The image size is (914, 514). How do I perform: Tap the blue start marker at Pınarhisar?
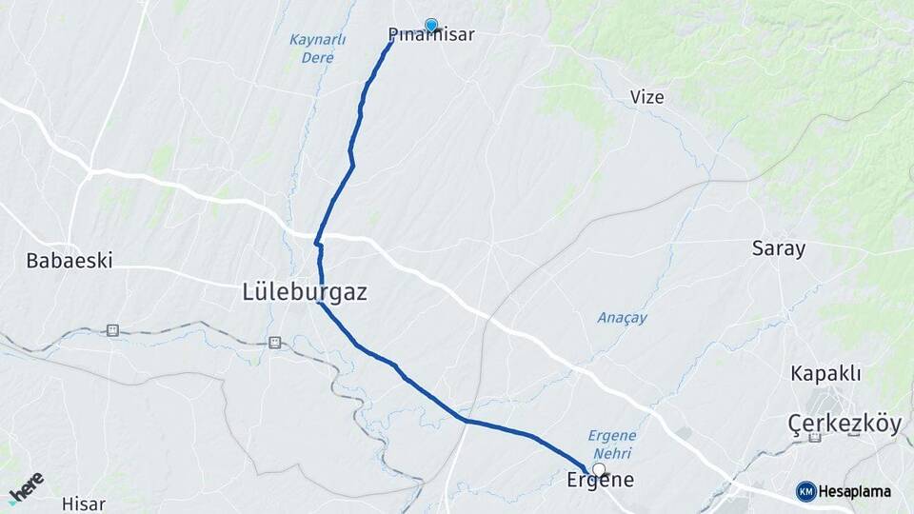pyautogui.click(x=431, y=26)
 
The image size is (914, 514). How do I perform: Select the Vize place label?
pyautogui.click(x=647, y=97)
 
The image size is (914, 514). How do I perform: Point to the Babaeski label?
pyautogui.click(x=70, y=260)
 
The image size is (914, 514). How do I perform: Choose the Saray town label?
pyautogui.click(x=779, y=249)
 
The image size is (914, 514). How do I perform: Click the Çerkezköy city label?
pyautogui.click(x=844, y=424)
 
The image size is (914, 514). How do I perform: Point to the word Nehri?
pyautogui.click(x=609, y=454)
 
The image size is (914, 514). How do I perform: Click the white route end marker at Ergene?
pyautogui.click(x=599, y=469)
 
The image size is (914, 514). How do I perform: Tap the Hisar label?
pyautogui.click(x=83, y=504)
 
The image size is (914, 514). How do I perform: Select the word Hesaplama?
pyautogui.click(x=854, y=492)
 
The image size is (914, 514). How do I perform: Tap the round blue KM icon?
pyautogui.click(x=805, y=491)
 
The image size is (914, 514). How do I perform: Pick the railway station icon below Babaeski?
pyautogui.click(x=112, y=330)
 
